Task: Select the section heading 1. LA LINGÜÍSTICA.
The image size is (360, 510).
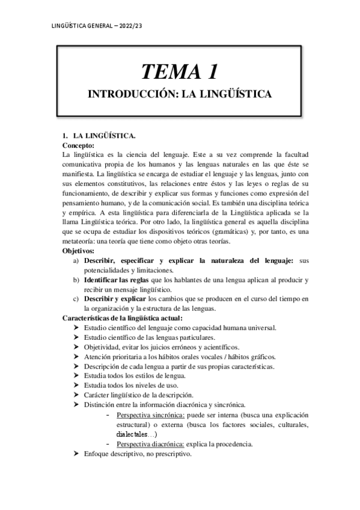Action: tap(99, 136)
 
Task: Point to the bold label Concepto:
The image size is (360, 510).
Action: tap(79, 145)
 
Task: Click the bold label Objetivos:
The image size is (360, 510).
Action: tap(79, 250)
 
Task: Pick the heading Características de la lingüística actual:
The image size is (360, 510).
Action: tap(123, 318)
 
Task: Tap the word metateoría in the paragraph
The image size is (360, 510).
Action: tap(83, 241)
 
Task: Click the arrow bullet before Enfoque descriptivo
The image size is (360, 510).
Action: tap(76, 454)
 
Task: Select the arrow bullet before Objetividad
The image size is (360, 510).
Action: tap(76, 347)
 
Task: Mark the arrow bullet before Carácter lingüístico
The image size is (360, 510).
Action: tap(76, 395)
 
